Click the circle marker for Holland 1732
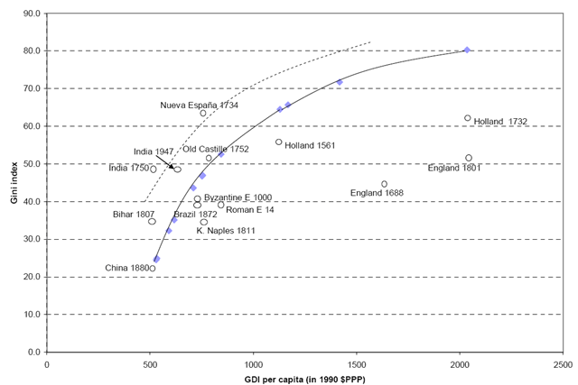[x=468, y=118]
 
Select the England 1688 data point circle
[x=384, y=184]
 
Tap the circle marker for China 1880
[x=153, y=269]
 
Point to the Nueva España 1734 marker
[x=202, y=113]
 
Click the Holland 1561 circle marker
[x=279, y=142]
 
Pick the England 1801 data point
[x=469, y=158]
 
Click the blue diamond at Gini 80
[x=467, y=50]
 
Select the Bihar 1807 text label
[x=134, y=215]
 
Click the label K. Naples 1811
[x=226, y=231]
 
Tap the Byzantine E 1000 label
[x=238, y=197]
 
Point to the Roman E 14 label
[x=250, y=210]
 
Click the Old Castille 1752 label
[x=216, y=149]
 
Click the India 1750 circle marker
[x=153, y=170]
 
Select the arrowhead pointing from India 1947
[x=172, y=167]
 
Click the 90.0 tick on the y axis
[x=32, y=14]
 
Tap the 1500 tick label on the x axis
[x=357, y=364]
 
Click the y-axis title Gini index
[x=14, y=182]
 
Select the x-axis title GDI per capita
[x=304, y=379]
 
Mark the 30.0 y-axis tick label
[x=32, y=239]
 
